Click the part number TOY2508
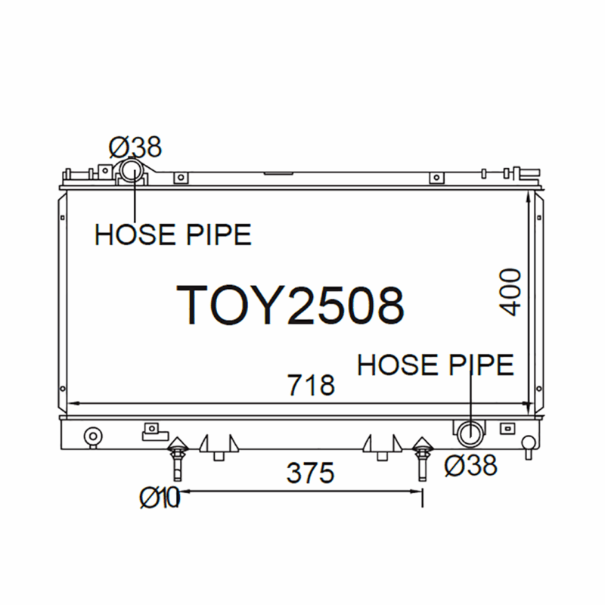tap(290, 305)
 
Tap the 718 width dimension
tap(311, 385)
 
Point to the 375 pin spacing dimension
tap(310, 473)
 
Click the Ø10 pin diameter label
tap(159, 497)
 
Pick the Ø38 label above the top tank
tap(135, 145)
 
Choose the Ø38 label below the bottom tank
tap(470, 466)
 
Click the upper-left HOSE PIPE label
tap(172, 235)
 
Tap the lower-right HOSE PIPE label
tap(436, 365)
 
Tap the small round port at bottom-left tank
tap(93, 436)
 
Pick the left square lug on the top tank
tap(180, 178)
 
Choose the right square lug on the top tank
tap(435, 178)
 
